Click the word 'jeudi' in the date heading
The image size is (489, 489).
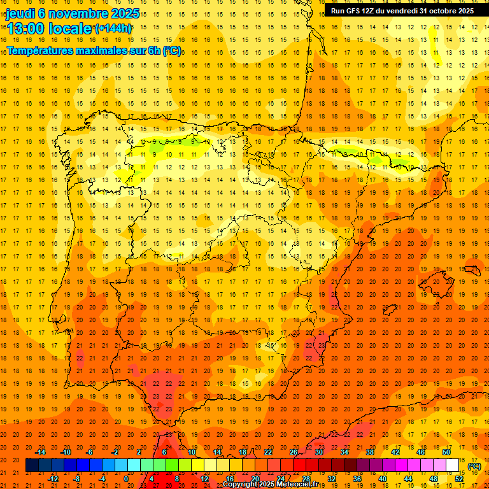(21, 13)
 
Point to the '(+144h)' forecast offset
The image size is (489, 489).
(113, 28)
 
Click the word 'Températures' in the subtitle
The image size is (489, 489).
(41, 50)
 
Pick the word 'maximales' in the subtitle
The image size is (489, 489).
(102, 50)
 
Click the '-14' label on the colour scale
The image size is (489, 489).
(41, 452)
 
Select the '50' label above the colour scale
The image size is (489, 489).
(446, 452)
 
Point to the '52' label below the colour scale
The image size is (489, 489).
(459, 479)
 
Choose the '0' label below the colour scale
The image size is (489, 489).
(126, 479)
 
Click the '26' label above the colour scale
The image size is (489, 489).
(293, 452)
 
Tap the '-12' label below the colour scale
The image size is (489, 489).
(53, 479)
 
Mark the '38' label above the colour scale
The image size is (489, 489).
(369, 452)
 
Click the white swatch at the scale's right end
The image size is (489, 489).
(453, 465)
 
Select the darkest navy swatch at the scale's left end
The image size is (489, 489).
(32, 465)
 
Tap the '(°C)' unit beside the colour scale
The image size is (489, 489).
(474, 466)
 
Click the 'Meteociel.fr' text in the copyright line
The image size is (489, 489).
(297, 485)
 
